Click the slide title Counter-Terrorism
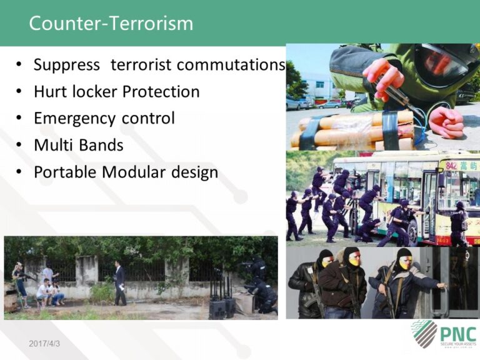pos(111,23)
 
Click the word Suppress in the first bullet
pos(66,65)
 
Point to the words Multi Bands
pos(78,146)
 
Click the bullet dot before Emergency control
pos(20,119)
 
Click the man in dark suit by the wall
pos(120,282)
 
